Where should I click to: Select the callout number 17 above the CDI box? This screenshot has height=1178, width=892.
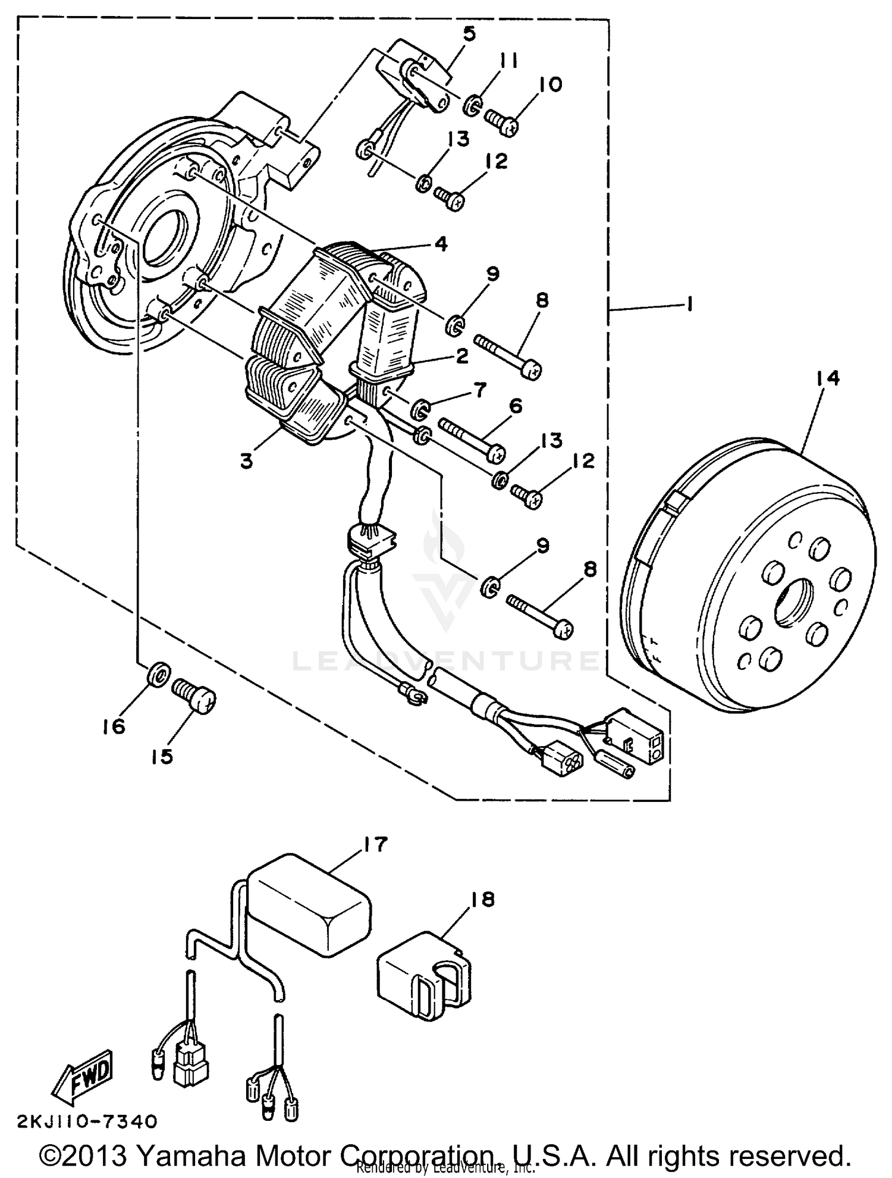pos(376,844)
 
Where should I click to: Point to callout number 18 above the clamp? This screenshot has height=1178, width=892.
pos(482,900)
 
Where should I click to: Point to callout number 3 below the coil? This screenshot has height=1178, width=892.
pos(246,460)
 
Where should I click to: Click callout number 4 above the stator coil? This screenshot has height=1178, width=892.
pos(441,243)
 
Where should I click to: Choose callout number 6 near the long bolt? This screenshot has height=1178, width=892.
pos(515,406)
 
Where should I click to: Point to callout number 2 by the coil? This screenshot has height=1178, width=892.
pos(462,355)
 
